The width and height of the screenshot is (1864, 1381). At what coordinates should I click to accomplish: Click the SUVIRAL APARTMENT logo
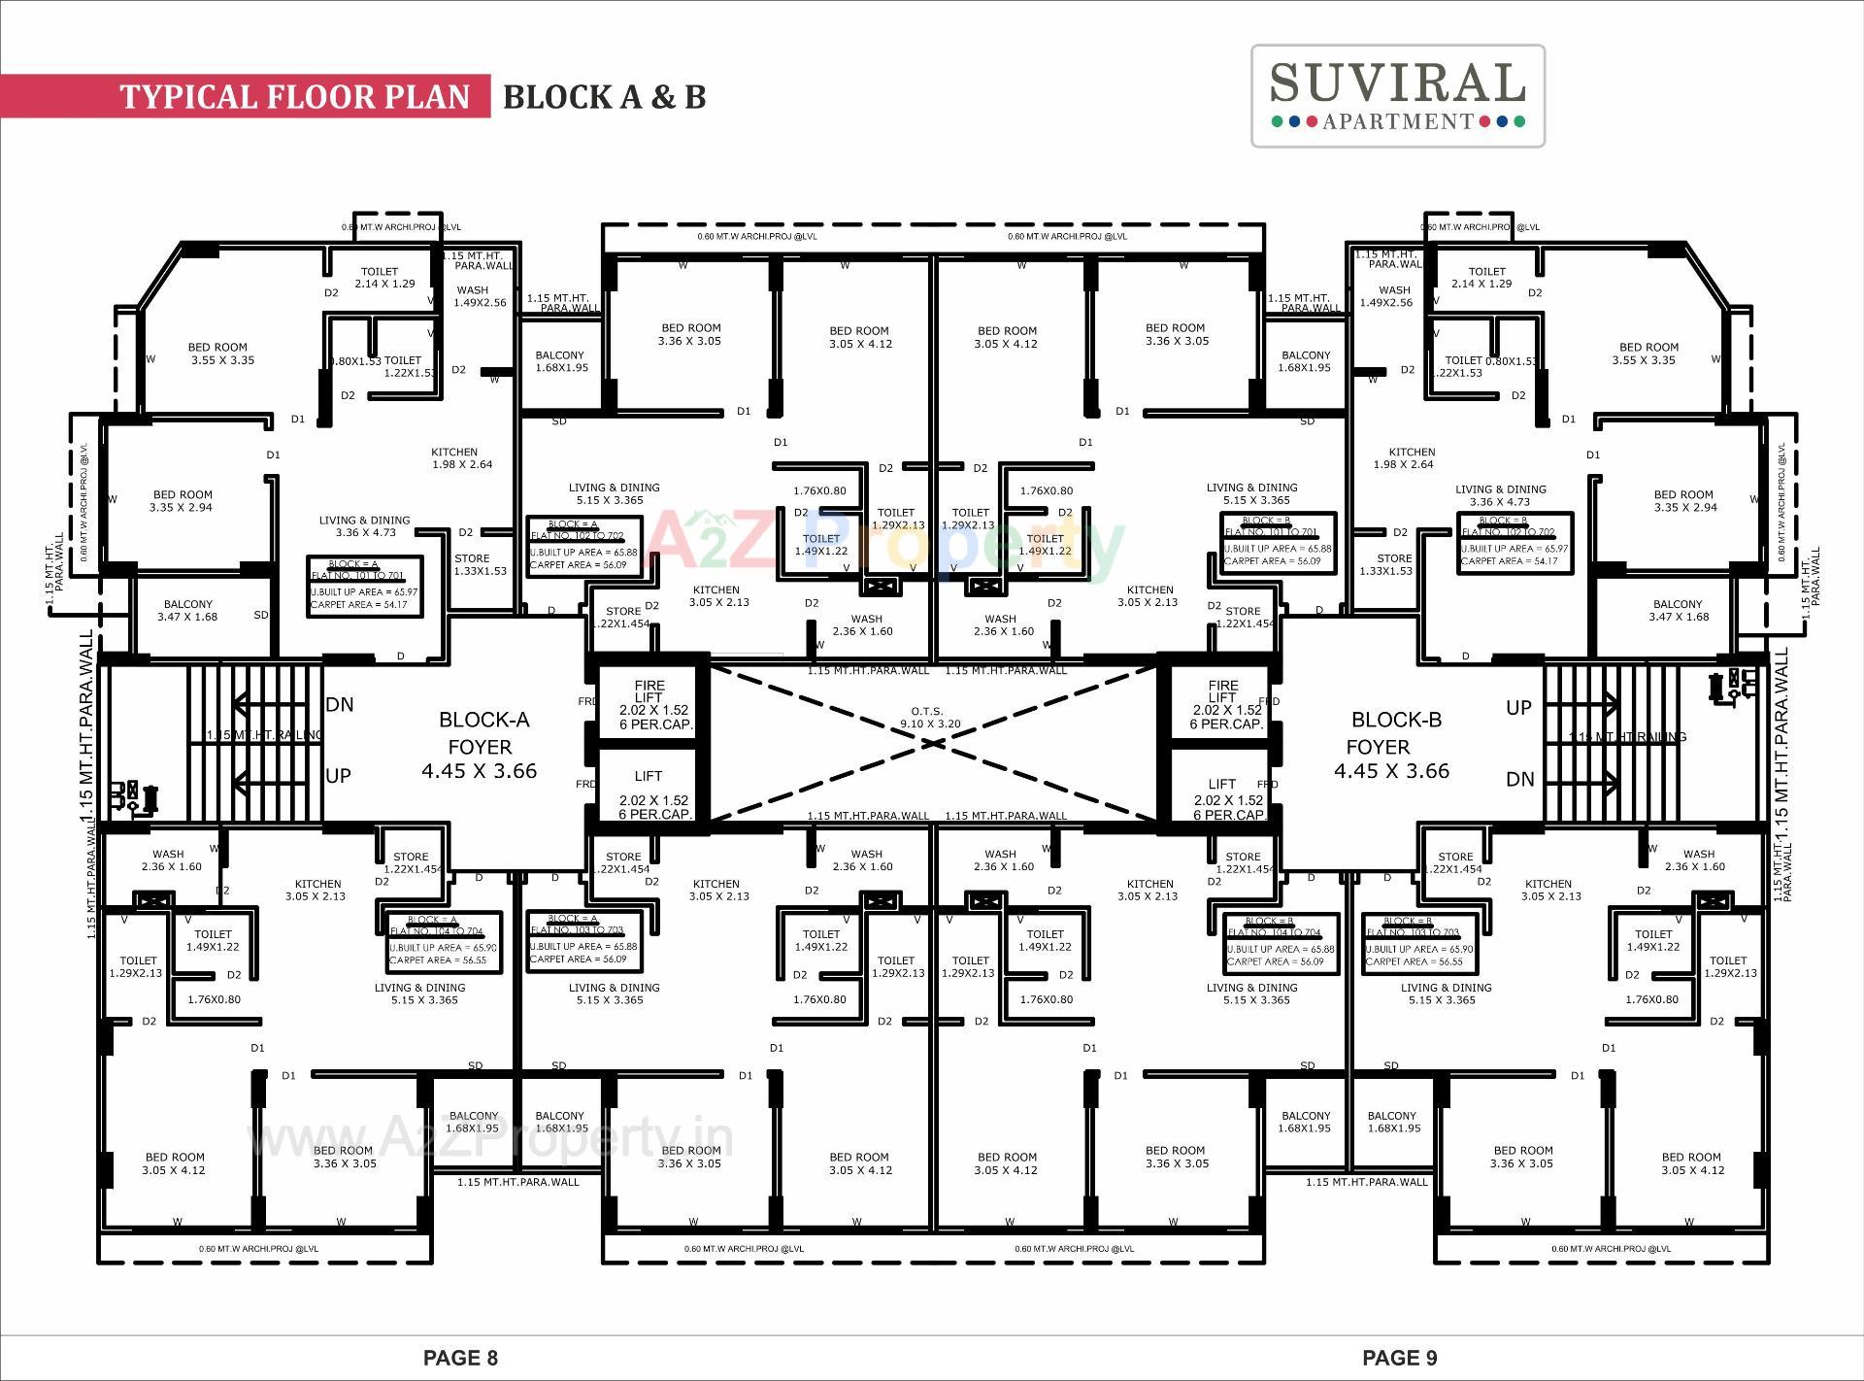pos(1397,95)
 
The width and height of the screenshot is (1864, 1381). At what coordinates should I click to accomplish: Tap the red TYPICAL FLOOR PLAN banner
pos(294,97)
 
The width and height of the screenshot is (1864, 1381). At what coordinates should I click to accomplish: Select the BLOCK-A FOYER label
pos(483,745)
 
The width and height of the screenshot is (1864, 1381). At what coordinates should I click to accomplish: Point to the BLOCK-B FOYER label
pos(1394,745)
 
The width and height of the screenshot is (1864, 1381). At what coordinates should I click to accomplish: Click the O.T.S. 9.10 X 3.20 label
pos(929,718)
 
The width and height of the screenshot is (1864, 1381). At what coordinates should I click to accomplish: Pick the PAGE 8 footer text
pos(460,1358)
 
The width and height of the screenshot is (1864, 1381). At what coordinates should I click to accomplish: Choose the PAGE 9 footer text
pos(1399,1358)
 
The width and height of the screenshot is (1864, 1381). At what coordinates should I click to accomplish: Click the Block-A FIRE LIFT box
pos(649,703)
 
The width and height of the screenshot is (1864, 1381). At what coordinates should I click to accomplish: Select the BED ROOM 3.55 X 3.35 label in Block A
pos(219,354)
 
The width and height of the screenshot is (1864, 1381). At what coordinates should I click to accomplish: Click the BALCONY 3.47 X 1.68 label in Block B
pos(1677,610)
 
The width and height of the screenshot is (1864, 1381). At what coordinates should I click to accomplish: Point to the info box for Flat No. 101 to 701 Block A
pos(365,585)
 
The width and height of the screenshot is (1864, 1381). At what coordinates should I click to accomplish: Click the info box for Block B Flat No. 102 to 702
pos(1514,542)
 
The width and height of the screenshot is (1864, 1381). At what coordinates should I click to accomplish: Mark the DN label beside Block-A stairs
pos(340,704)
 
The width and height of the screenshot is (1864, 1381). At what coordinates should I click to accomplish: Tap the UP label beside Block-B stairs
pos(1518,708)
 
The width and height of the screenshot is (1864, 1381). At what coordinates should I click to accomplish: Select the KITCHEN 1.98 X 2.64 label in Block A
pos(456,458)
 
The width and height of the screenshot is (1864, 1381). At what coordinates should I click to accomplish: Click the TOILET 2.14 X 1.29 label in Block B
pos(1485,278)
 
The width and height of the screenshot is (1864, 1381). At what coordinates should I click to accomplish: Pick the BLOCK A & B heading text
pos(604,97)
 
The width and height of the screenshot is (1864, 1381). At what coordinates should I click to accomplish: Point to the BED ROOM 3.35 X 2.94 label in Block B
pos(1683,500)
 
